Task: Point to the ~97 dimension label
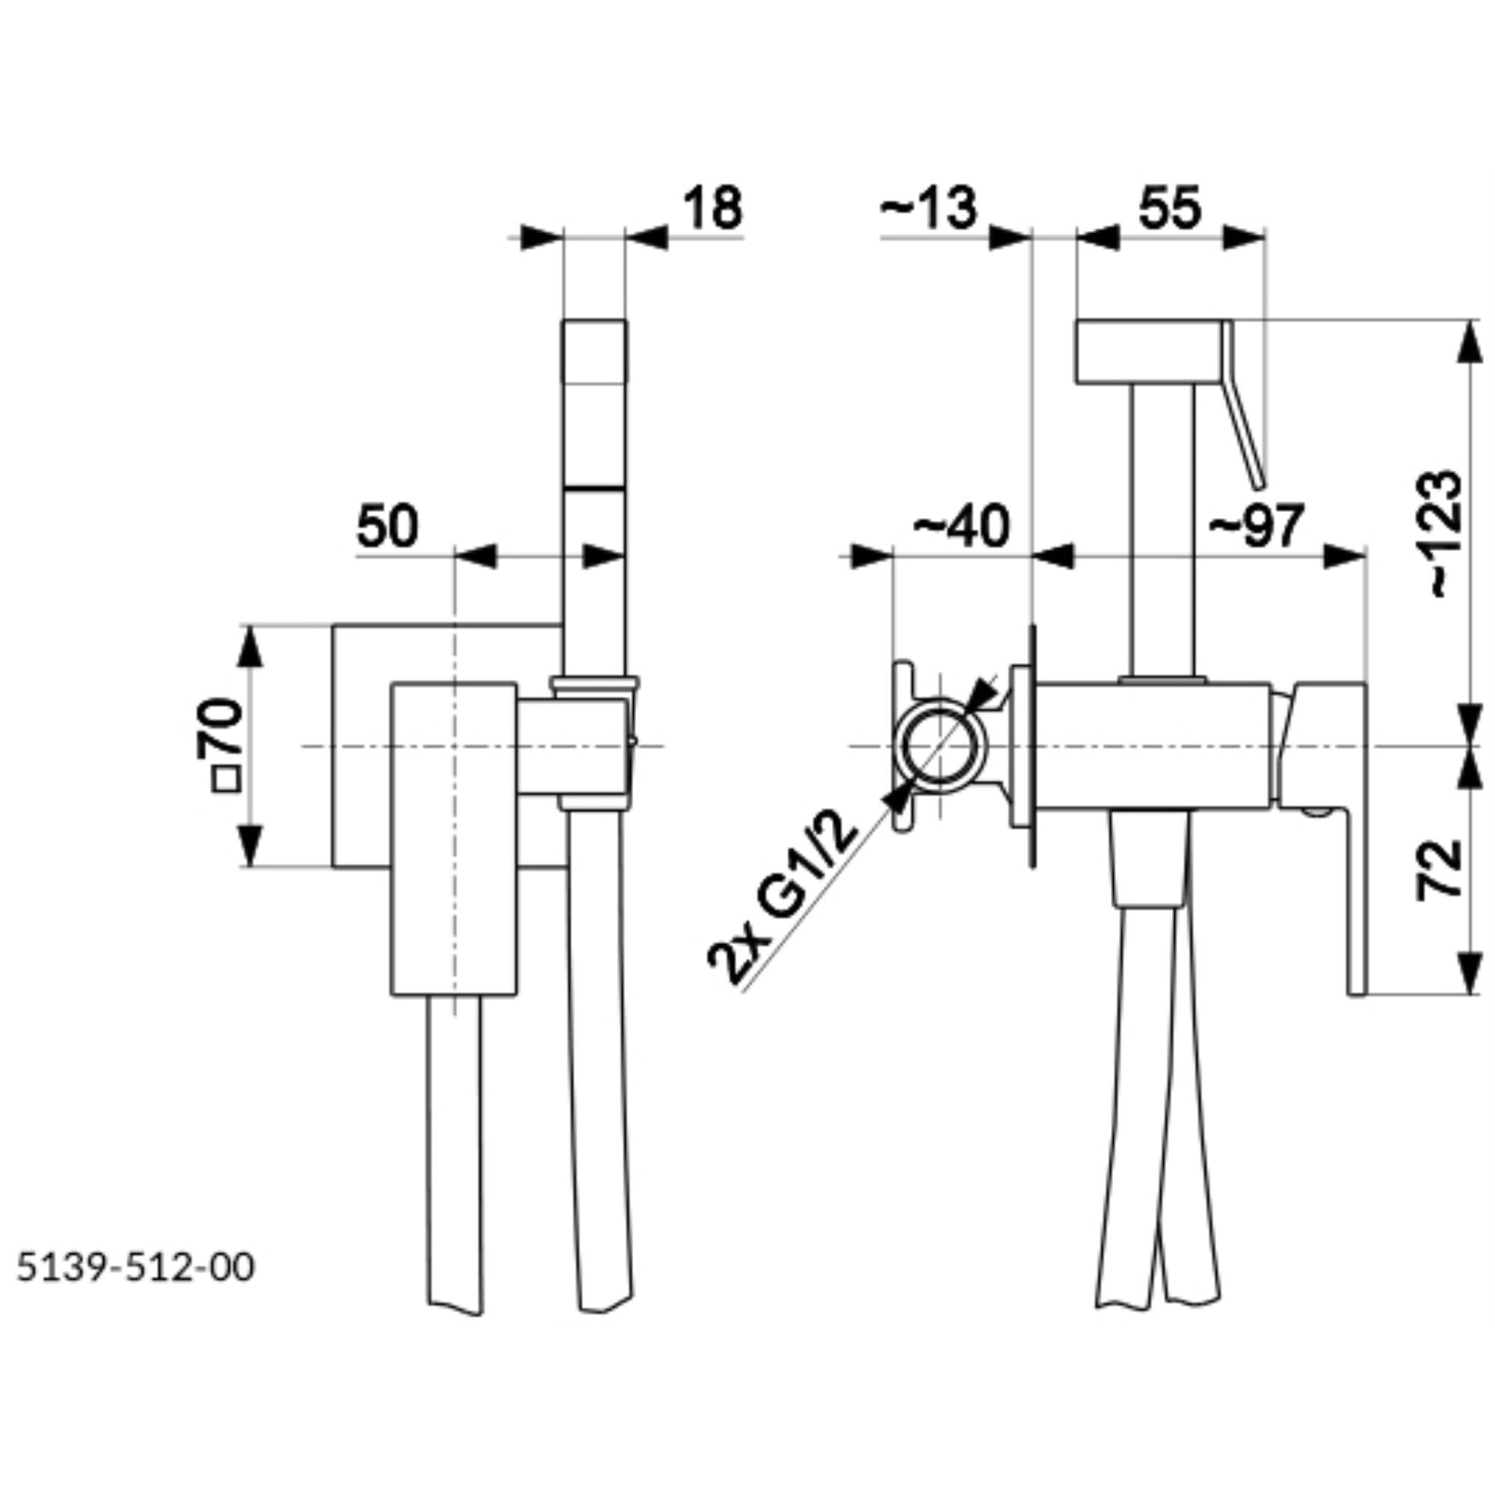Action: click(1257, 526)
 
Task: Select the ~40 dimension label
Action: click(961, 526)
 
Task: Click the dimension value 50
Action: click(387, 526)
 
